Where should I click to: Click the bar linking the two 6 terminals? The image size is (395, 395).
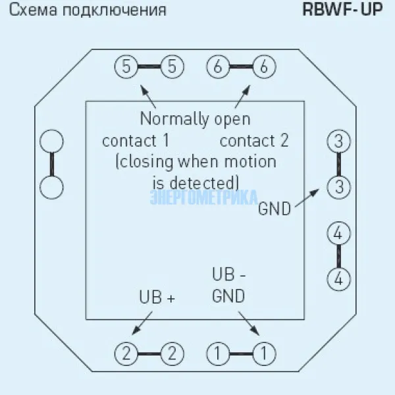241,66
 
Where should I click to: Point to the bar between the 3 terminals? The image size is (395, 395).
338,164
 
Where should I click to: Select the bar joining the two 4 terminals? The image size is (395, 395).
338,255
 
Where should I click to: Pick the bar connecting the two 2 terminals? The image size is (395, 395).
149,354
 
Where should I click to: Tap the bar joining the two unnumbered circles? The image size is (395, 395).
52,164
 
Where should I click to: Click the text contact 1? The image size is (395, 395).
136,141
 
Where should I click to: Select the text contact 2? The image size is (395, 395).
254,141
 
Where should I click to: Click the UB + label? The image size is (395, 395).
157,297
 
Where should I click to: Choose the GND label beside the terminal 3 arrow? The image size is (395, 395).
274,209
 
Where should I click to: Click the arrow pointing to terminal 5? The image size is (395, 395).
149,97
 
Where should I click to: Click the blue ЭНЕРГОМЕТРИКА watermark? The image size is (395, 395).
204,197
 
